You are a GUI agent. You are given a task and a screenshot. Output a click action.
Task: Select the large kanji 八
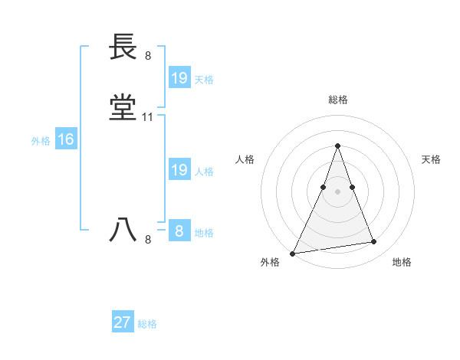click(123, 231)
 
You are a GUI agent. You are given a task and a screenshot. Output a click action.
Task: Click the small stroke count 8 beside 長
click(148, 55)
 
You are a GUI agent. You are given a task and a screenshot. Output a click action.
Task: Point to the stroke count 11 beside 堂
click(148, 117)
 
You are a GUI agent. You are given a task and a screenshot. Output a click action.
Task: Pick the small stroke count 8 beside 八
click(148, 240)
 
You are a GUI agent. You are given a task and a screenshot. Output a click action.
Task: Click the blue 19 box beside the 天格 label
click(179, 78)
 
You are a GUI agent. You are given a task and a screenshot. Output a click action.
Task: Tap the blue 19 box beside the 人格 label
click(179, 170)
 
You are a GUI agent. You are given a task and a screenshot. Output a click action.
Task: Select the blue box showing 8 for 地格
click(179, 231)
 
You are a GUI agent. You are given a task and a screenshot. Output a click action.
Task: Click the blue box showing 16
click(65, 139)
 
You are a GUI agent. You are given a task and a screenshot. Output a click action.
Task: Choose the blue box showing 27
click(123, 322)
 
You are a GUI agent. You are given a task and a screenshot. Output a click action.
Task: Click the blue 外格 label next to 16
click(41, 140)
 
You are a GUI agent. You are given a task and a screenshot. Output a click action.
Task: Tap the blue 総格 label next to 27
click(147, 324)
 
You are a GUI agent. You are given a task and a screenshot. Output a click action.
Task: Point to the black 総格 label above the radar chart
click(337, 100)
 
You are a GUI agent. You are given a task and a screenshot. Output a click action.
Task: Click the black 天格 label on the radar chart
click(431, 159)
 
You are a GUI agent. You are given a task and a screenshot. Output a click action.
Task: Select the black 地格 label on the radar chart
click(402, 262)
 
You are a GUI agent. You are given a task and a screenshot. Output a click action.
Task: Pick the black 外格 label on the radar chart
click(270, 262)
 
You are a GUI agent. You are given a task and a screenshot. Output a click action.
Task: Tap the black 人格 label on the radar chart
click(245, 159)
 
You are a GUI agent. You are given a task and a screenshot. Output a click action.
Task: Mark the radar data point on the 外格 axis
click(293, 253)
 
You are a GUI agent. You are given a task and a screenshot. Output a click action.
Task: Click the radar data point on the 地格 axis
click(374, 242)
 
